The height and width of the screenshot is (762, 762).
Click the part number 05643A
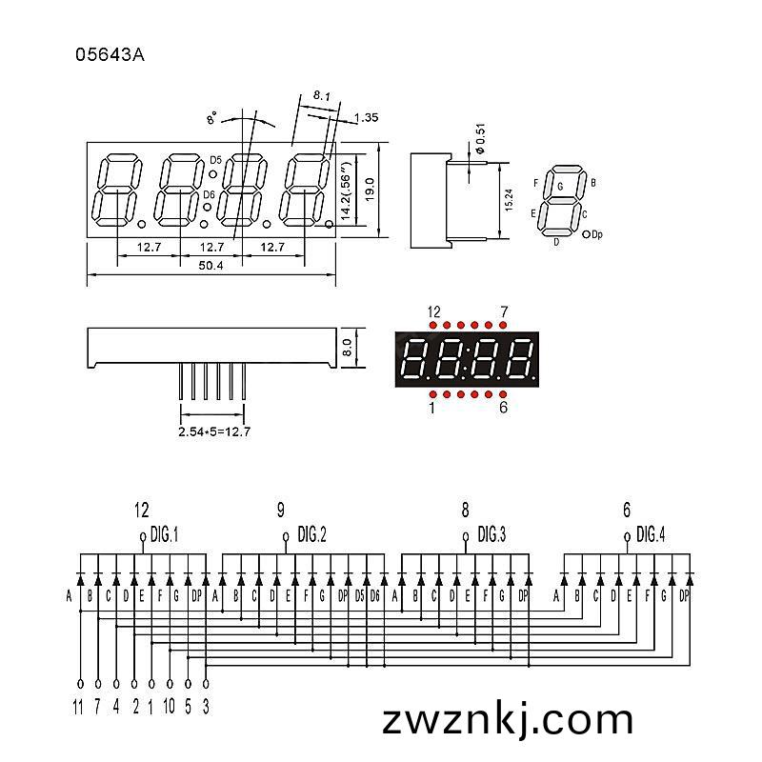110,55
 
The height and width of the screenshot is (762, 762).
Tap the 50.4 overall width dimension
211,266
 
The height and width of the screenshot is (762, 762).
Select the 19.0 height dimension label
371,190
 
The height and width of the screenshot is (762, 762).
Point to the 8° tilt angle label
211,118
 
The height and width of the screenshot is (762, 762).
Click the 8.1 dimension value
321,96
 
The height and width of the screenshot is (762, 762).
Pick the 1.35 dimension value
366,117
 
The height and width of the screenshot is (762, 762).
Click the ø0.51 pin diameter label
481,139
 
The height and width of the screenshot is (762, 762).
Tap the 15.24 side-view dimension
509,200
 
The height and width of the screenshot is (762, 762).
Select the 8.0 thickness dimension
347,348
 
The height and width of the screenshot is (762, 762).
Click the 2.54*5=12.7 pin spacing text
214,431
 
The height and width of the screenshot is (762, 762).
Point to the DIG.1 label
164,535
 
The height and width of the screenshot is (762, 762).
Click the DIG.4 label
651,534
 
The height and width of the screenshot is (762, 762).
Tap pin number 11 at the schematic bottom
78,706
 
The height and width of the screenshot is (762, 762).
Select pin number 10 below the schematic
169,706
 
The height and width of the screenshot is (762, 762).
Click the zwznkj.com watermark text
508,720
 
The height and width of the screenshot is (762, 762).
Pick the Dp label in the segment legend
597,234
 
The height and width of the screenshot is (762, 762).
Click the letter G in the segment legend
560,186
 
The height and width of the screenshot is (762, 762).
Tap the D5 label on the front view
215,160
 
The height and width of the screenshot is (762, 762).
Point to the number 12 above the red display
433,311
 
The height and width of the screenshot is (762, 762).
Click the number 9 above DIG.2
281,511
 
